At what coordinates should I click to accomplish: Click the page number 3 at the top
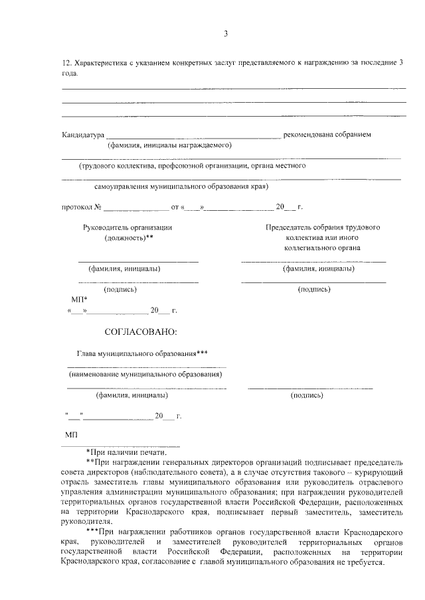click(x=226, y=34)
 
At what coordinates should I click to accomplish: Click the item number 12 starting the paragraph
click(x=66, y=62)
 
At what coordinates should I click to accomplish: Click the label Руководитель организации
click(x=127, y=227)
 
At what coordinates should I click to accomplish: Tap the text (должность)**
click(x=129, y=237)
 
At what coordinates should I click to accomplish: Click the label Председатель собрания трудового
click(x=323, y=227)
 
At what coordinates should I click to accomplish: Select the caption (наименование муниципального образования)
click(x=145, y=375)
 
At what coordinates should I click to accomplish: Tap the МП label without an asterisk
click(x=72, y=434)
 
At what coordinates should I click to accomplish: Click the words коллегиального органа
click(x=323, y=248)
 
